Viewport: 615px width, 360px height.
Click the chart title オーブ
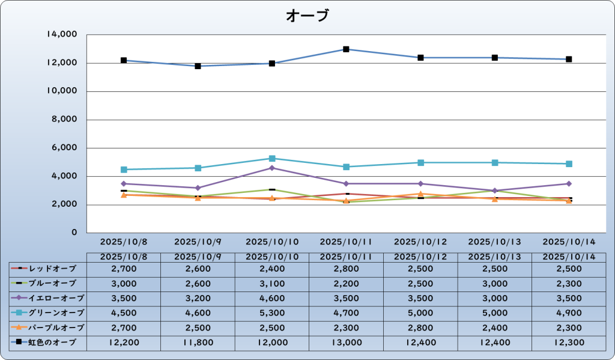click(x=307, y=16)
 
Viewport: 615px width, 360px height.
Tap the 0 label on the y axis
click(x=74, y=233)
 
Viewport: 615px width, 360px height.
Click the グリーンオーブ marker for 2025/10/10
click(x=272, y=159)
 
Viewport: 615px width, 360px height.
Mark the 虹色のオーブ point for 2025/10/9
click(x=198, y=66)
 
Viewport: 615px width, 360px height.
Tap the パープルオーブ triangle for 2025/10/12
click(x=420, y=194)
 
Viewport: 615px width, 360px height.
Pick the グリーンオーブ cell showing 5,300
click(x=272, y=313)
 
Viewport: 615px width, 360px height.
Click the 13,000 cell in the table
click(x=347, y=343)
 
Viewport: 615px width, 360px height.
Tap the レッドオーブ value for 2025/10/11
click(x=347, y=267)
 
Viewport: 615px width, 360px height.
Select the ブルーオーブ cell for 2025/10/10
click(x=272, y=282)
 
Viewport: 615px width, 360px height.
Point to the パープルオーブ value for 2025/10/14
click(x=569, y=328)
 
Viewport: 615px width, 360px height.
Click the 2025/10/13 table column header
click(x=494, y=257)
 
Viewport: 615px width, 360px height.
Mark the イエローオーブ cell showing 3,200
click(x=198, y=297)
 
